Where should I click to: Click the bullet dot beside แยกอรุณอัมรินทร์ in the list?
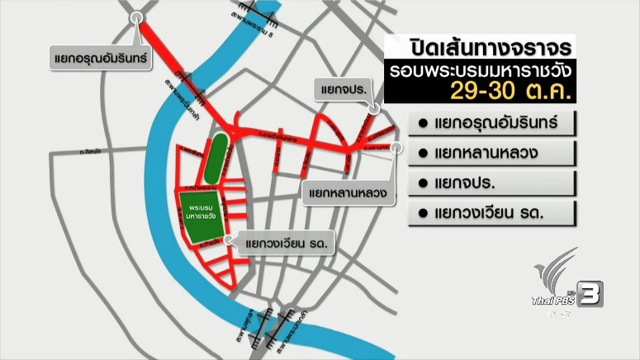pyautogui.click(x=422, y=124)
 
